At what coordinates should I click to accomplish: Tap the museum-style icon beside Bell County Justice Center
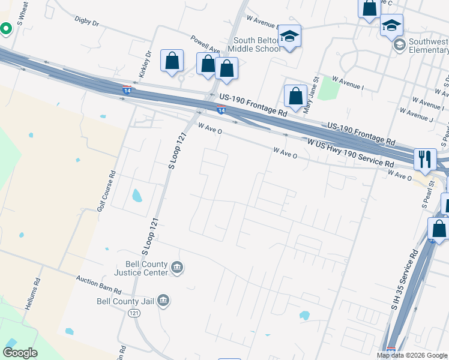click(177, 268)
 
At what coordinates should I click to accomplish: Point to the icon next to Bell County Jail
click(163, 301)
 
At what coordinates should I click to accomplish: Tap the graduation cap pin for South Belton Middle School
click(289, 37)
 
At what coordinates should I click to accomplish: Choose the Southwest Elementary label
click(428, 46)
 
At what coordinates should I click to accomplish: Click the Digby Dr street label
click(86, 22)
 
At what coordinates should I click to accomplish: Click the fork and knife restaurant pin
click(425, 158)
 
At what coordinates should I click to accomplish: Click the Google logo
click(20, 353)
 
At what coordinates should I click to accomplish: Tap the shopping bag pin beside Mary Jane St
click(295, 96)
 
